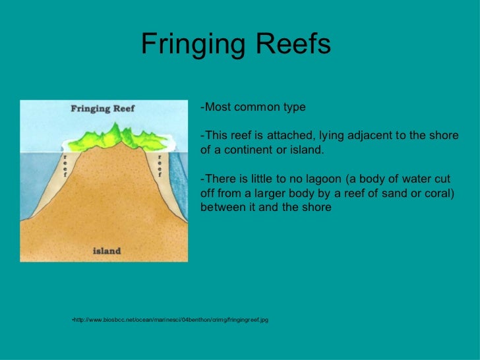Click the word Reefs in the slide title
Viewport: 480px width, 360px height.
(x=293, y=45)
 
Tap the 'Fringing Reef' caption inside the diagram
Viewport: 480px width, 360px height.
(x=102, y=109)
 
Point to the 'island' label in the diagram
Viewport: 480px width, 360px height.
(x=106, y=251)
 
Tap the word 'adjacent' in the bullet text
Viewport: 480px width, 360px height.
(x=368, y=136)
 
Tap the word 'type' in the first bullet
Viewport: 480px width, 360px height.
(x=293, y=107)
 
